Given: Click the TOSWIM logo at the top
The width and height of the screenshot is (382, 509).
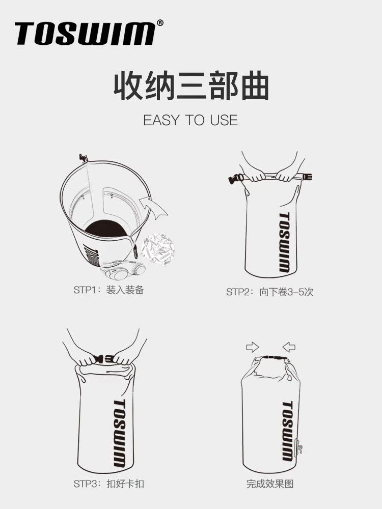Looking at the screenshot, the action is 85,33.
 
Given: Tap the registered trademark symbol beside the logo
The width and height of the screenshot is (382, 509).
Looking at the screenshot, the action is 160,23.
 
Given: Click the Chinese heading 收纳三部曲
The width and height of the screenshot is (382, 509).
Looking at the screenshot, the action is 191,87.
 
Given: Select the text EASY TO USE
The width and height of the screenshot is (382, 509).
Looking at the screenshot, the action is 190,120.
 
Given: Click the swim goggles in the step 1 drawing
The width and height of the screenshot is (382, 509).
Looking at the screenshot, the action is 122,270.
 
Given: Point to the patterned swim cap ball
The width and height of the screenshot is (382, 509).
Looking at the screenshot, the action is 159,249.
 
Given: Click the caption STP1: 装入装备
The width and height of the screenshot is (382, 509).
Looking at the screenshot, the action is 109,290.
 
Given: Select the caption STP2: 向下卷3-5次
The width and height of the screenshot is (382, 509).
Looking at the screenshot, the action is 270,292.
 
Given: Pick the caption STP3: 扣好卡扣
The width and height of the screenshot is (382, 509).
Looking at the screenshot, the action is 109,484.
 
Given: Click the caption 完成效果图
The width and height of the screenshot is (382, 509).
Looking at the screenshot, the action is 270,484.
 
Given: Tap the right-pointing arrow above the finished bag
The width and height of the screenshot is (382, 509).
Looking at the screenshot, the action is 253,347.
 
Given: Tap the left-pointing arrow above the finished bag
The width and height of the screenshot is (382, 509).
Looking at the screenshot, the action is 289,347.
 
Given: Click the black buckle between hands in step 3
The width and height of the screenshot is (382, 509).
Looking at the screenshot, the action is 103,359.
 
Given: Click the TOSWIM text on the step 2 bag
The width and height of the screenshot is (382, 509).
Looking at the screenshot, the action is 284,242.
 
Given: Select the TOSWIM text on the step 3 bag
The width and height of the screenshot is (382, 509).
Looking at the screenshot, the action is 119,433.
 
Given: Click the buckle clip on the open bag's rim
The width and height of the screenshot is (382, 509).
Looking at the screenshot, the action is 84,158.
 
